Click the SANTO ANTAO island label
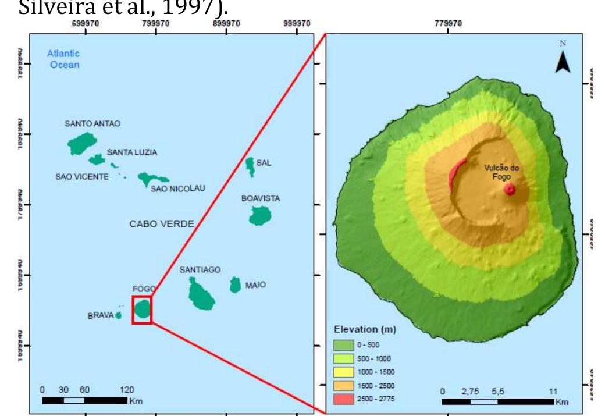pos(92,124)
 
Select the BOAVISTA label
pos(260,198)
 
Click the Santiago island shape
pos(201,294)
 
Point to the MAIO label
pos(255,285)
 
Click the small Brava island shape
pos(118,315)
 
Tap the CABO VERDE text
pos(161,224)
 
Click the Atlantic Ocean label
pos(64,59)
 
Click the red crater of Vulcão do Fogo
pos(510,189)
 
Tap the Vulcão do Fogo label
pos(503,172)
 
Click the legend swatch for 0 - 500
pos(344,344)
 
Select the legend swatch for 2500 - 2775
pos(344,398)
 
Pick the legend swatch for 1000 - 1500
pos(344,371)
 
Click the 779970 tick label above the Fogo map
pos(448,23)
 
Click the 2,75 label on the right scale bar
pos(470,391)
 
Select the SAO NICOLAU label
pos(177,188)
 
